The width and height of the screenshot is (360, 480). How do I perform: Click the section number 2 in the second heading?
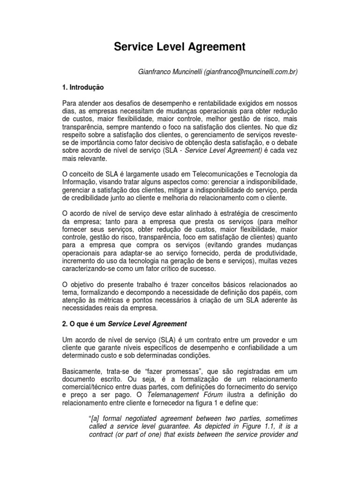pos(64,323)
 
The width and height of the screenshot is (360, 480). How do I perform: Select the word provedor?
pos(262,339)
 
